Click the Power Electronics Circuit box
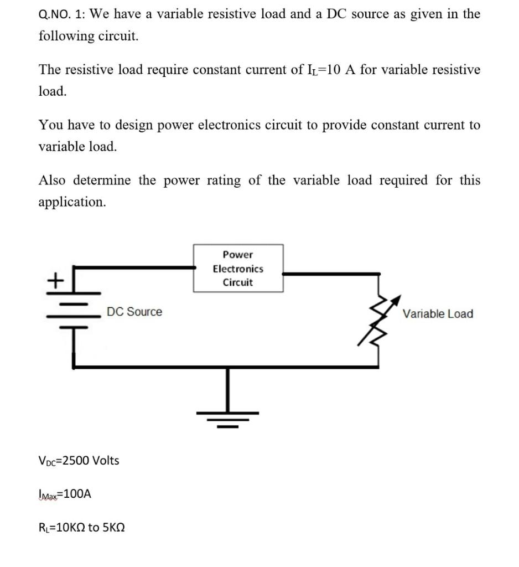click(238, 269)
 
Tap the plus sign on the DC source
click(54, 281)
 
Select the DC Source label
click(134, 312)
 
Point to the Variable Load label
click(438, 314)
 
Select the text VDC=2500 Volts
click(79, 460)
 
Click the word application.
click(71, 202)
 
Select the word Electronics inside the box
click(238, 269)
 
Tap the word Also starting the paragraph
click(53, 181)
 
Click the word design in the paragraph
click(141, 125)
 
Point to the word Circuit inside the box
click(238, 282)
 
